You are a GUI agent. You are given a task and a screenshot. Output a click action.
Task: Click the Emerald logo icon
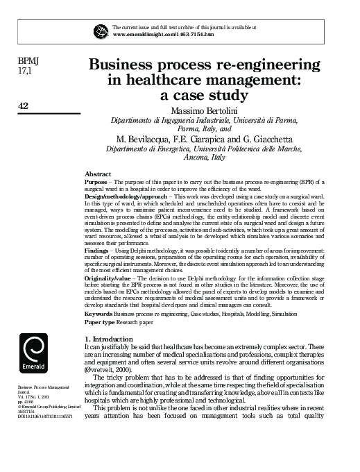(33, 348)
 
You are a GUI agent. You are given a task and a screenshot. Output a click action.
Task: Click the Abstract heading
(97, 174)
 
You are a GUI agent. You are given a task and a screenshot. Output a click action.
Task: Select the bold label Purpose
(96, 181)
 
